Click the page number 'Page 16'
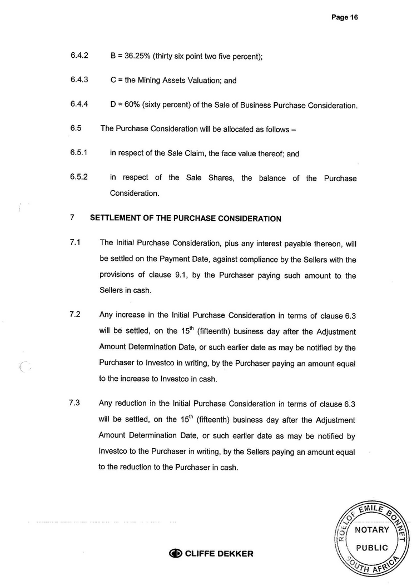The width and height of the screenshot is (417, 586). pos(344,17)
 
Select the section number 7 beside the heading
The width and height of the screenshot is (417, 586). pos(73,218)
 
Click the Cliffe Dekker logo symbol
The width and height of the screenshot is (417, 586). pos(176,553)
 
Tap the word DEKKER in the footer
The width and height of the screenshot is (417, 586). pos(234,553)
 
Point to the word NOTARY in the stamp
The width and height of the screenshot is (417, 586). pos(372,529)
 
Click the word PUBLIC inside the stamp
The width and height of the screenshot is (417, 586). pos(372,548)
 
